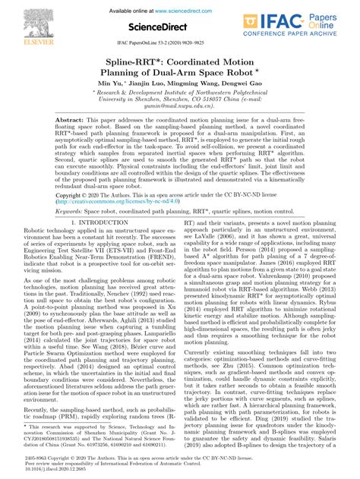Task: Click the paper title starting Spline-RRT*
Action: [x=180, y=65]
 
